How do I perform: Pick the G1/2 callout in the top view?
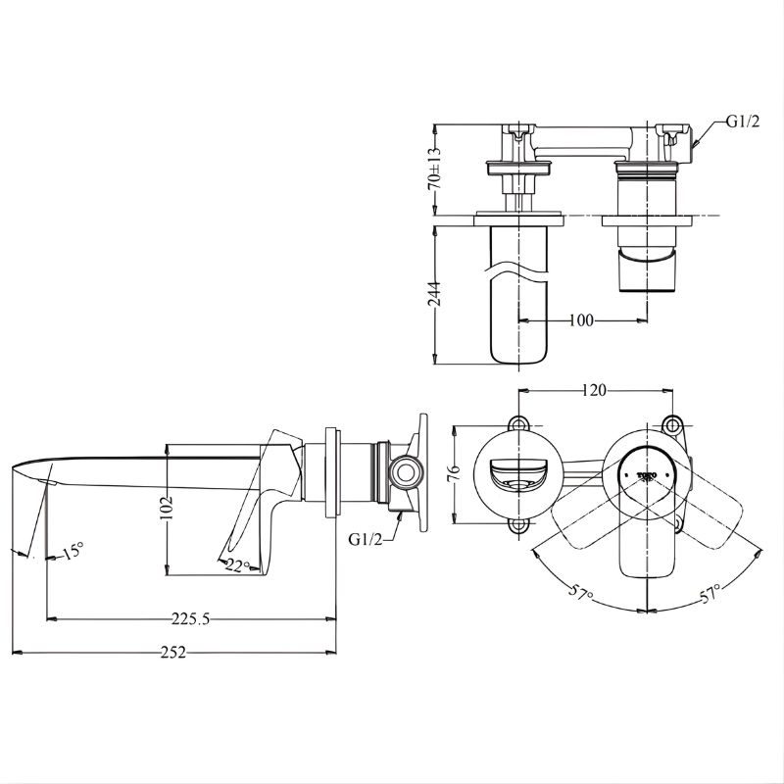point(742,122)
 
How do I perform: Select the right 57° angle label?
point(709,592)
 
